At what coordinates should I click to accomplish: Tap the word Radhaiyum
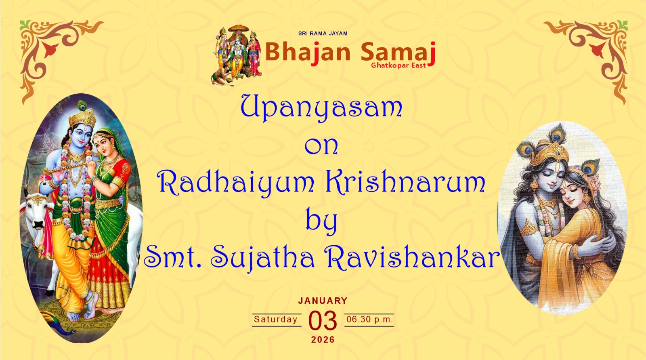pyautogui.click(x=235, y=183)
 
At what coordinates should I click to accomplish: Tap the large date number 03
pyautogui.click(x=323, y=320)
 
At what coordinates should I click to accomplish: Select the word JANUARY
pyautogui.click(x=323, y=301)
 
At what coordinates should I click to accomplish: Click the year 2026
pyautogui.click(x=323, y=339)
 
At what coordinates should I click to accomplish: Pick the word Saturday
pyautogui.click(x=275, y=319)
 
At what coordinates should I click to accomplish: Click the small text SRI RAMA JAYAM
pyautogui.click(x=323, y=34)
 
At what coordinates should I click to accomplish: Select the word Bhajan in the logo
pyautogui.click(x=308, y=52)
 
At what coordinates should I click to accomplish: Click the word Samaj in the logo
pyautogui.click(x=398, y=53)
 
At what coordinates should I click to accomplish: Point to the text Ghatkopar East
pyautogui.click(x=398, y=65)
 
